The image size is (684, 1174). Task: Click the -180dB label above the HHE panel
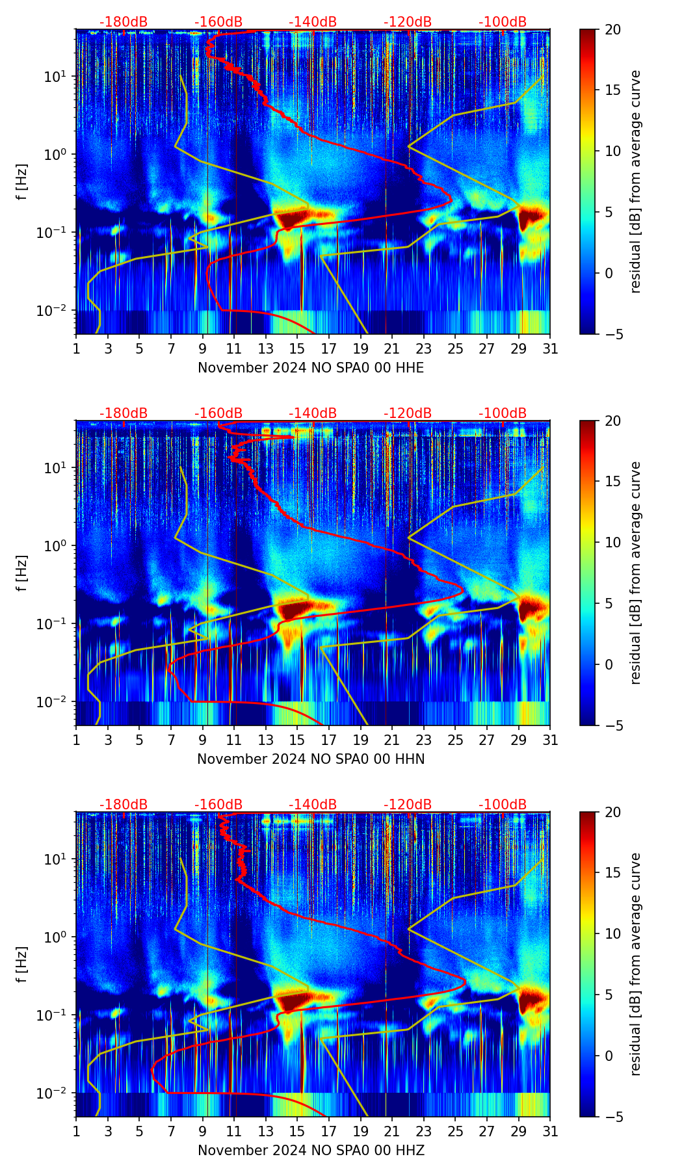(x=124, y=22)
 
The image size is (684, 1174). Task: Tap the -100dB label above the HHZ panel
(x=503, y=805)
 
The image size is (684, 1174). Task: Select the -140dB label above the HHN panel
(x=313, y=413)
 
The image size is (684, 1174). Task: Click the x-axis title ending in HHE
(x=311, y=368)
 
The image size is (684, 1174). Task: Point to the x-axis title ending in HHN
(x=311, y=759)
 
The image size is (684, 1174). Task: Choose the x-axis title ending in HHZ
(x=311, y=1151)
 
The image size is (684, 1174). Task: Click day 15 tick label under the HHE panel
(x=297, y=349)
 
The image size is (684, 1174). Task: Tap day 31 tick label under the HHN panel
(x=550, y=740)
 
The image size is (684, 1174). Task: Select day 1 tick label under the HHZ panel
(x=76, y=1132)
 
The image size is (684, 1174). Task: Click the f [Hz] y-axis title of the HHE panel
(x=22, y=182)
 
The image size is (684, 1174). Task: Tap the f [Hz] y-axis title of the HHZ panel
(x=22, y=965)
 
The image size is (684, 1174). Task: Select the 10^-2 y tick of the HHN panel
(x=52, y=702)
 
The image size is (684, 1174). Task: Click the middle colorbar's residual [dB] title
(x=636, y=573)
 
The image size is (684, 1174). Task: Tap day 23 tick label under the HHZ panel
(x=424, y=1132)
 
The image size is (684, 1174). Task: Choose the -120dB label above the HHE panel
(x=408, y=22)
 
